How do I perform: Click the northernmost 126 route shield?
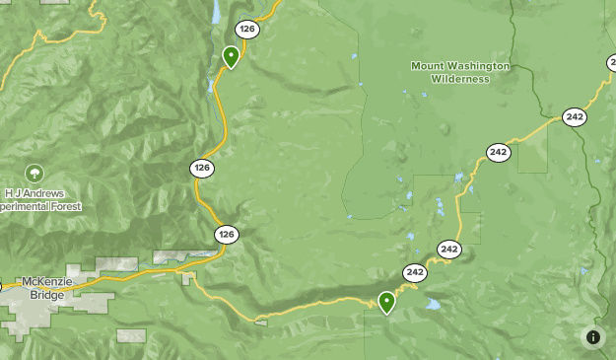tap(246, 30)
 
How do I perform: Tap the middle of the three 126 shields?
tap(202, 169)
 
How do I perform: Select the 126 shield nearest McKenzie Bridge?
tap(227, 235)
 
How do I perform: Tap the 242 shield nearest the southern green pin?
tap(414, 272)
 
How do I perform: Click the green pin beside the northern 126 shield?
tap(231, 56)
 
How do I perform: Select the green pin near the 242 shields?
tap(386, 301)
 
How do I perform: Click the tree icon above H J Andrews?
tap(34, 174)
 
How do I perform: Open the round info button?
tap(592, 337)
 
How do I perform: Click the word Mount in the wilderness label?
tap(429, 66)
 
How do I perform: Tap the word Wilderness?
tap(460, 79)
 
